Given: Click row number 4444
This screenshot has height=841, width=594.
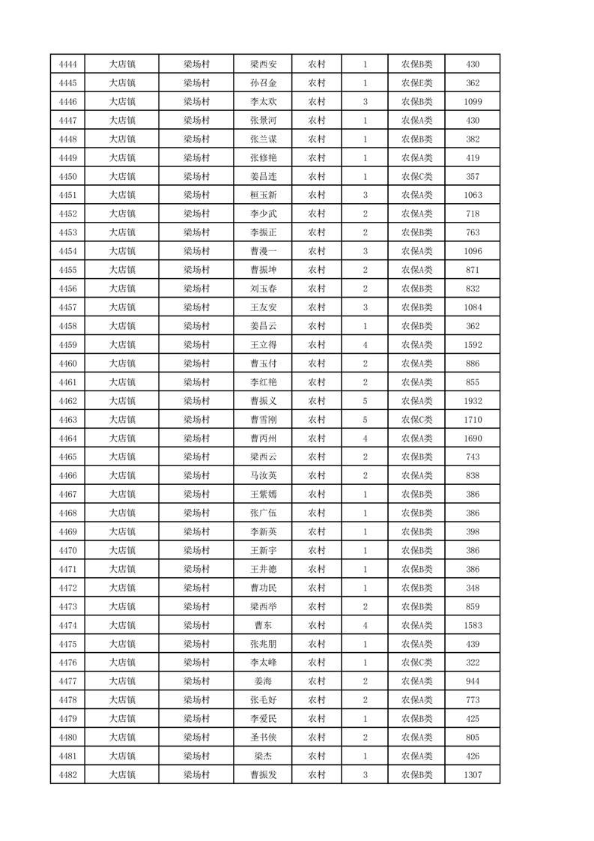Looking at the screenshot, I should pyautogui.click(x=67, y=64).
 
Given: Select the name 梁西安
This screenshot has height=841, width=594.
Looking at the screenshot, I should pyautogui.click(x=263, y=64).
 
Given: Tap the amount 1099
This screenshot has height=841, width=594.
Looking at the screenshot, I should pyautogui.click(x=473, y=102).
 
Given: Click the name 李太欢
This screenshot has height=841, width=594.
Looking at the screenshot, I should pyautogui.click(x=263, y=102).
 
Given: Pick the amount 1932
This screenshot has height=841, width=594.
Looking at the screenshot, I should pyautogui.click(x=473, y=401).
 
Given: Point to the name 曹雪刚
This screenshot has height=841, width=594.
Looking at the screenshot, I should pyautogui.click(x=263, y=420).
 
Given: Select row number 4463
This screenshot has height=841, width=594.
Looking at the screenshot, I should pyautogui.click(x=67, y=420).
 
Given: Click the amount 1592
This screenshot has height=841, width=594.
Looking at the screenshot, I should pyautogui.click(x=473, y=345).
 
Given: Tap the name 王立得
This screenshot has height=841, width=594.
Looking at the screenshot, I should pyautogui.click(x=263, y=345).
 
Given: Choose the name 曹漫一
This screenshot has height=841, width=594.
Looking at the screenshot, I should pyautogui.click(x=263, y=251).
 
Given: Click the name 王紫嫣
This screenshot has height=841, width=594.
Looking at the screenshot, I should pyautogui.click(x=263, y=495).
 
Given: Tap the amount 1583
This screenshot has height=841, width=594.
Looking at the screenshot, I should pyautogui.click(x=473, y=625).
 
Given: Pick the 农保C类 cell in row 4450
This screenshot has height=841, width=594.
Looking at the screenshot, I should pyautogui.click(x=416, y=177).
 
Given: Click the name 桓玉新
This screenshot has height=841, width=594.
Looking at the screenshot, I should pyautogui.click(x=263, y=196).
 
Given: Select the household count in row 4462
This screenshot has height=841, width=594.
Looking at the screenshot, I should pyautogui.click(x=365, y=401).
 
